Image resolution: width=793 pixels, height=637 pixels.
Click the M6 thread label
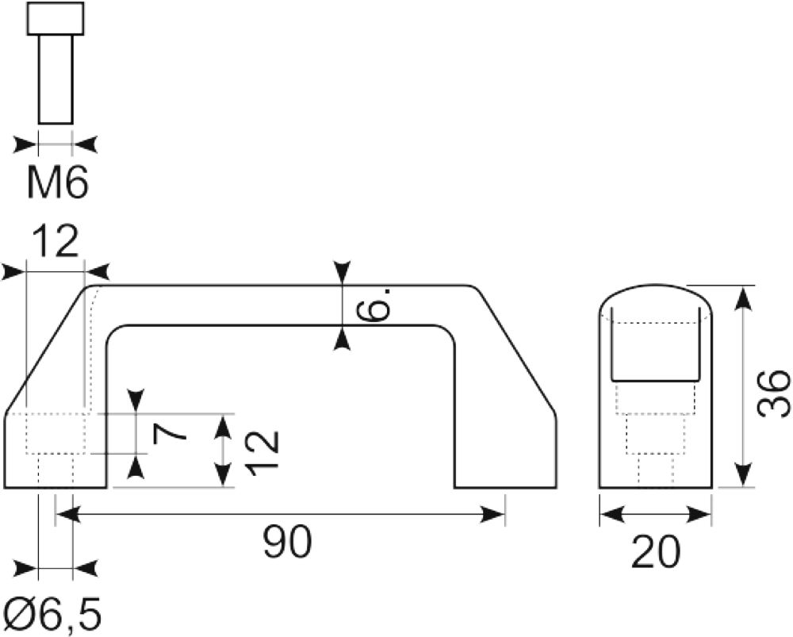pyautogui.click(x=58, y=181)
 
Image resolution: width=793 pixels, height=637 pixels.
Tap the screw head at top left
pyautogui.click(x=56, y=19)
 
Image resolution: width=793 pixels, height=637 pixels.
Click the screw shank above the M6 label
pyautogui.click(x=56, y=79)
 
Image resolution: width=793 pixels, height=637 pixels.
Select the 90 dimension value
pyautogui.click(x=287, y=541)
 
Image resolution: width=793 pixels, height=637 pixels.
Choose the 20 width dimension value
pyautogui.click(x=656, y=551)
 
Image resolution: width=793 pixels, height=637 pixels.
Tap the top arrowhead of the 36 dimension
pyautogui.click(x=742, y=297)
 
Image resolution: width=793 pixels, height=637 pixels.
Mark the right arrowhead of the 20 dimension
pyautogui.click(x=699, y=515)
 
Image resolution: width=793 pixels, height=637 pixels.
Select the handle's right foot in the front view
pyautogui.click(x=505, y=451)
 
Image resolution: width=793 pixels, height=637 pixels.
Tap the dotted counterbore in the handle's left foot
pyautogui.click(x=56, y=434)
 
